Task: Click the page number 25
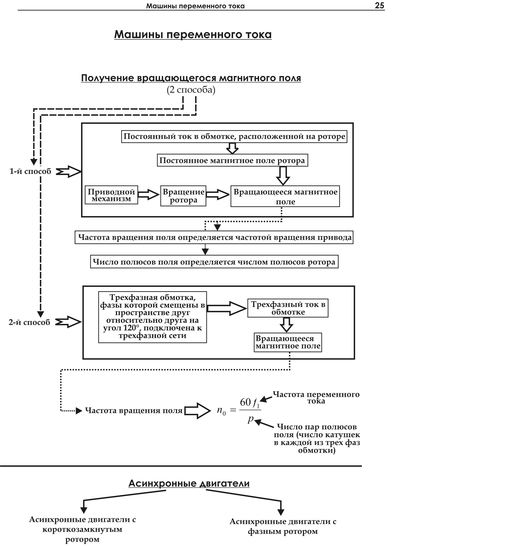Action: [379, 5]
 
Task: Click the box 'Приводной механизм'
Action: [111, 195]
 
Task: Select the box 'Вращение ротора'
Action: [183, 196]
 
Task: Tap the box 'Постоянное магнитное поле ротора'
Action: [232, 161]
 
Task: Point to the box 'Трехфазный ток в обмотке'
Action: [288, 308]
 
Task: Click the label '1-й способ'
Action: [30, 171]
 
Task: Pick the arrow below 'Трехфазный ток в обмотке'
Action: [286, 325]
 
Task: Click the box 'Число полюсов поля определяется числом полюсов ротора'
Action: [214, 262]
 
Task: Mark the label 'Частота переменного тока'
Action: [316, 398]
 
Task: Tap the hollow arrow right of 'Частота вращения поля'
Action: [197, 411]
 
